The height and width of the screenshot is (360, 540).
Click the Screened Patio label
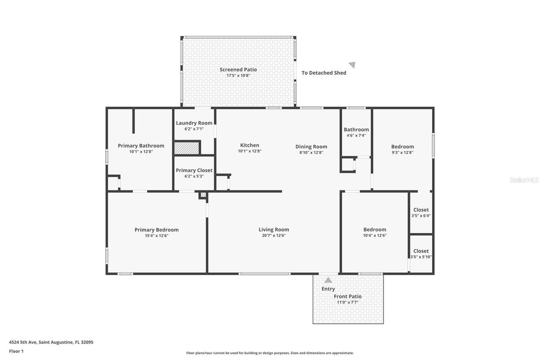tap(238, 70)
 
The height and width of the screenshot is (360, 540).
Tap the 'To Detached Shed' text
tap(324, 73)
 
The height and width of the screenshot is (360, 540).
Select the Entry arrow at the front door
tap(328, 280)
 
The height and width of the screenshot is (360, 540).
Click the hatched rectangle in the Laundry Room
tap(186, 148)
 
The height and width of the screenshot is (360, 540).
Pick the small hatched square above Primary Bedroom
tap(203, 195)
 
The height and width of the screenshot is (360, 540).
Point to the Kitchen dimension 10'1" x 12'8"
tap(250, 151)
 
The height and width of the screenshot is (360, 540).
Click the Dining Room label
tap(311, 147)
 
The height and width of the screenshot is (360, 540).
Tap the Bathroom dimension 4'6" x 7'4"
tap(356, 135)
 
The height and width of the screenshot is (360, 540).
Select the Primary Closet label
tap(194, 171)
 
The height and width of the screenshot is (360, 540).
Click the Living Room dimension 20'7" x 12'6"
tap(274, 235)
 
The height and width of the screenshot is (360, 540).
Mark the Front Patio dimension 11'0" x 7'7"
tap(348, 302)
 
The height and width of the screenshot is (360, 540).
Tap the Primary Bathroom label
tap(141, 146)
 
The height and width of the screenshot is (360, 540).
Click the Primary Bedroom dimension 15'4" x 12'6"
tap(157, 235)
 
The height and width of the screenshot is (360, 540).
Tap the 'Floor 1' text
tap(16, 351)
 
